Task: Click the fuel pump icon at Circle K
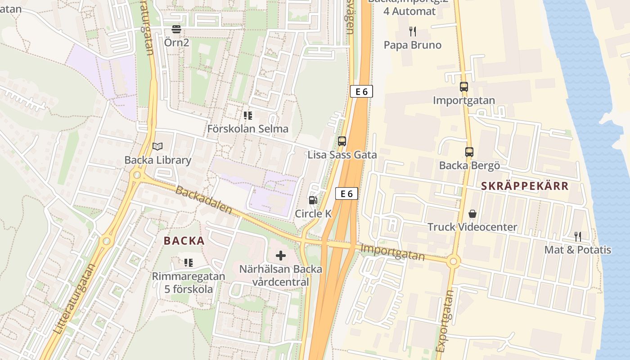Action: coord(313,200)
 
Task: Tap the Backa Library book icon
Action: coord(157,146)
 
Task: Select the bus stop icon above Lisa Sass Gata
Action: coord(342,141)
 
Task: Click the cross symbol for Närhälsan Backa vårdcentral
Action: coord(281,256)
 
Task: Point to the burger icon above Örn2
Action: coord(176,30)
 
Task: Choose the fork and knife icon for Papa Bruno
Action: coord(412,31)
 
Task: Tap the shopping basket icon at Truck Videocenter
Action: coord(472,213)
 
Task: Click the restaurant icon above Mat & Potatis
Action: coord(578,236)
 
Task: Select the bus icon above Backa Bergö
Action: coord(469,152)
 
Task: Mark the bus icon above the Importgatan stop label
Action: coord(464,87)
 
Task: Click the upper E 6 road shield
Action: coord(361,91)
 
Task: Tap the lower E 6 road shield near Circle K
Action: coord(346,194)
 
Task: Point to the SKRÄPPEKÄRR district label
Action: coord(525,186)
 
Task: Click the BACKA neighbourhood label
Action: coord(184,241)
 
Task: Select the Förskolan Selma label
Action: coord(247,129)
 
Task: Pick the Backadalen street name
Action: coord(203,200)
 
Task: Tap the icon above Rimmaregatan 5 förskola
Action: coord(188,262)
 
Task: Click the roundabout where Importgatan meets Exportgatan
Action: coord(453,261)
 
